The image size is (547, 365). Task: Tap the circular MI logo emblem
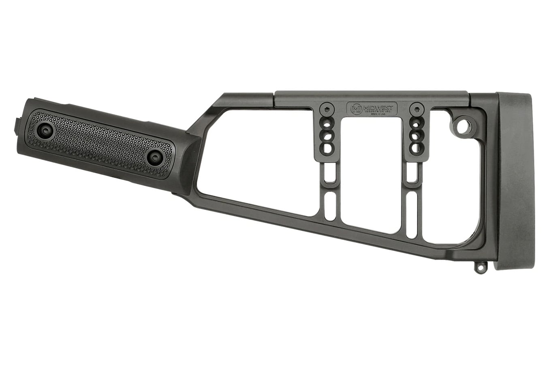pyautogui.click(x=355, y=109)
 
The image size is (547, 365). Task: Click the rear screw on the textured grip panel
pyautogui.click(x=154, y=157)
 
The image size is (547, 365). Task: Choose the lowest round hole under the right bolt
pyautogui.click(x=416, y=147)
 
